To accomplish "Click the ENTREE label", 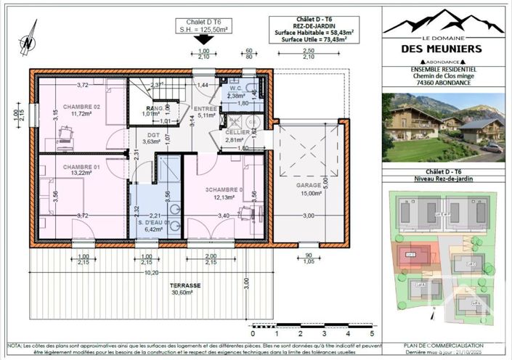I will coord(208,107).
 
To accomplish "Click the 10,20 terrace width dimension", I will coord(151,273).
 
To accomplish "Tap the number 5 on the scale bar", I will coord(372,335).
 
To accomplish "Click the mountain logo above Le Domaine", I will coord(443,24).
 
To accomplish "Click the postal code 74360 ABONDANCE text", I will coord(443,85).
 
